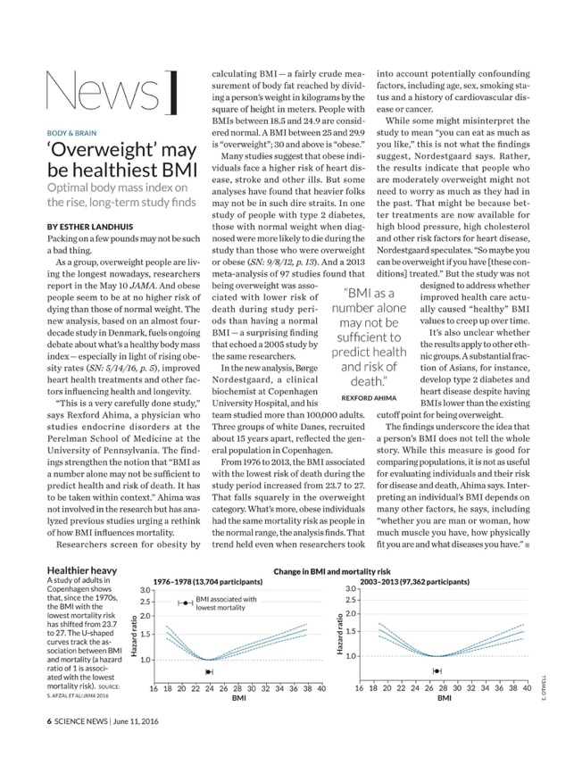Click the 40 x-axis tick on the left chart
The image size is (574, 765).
(320, 688)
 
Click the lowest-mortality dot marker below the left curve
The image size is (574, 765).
(209, 672)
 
